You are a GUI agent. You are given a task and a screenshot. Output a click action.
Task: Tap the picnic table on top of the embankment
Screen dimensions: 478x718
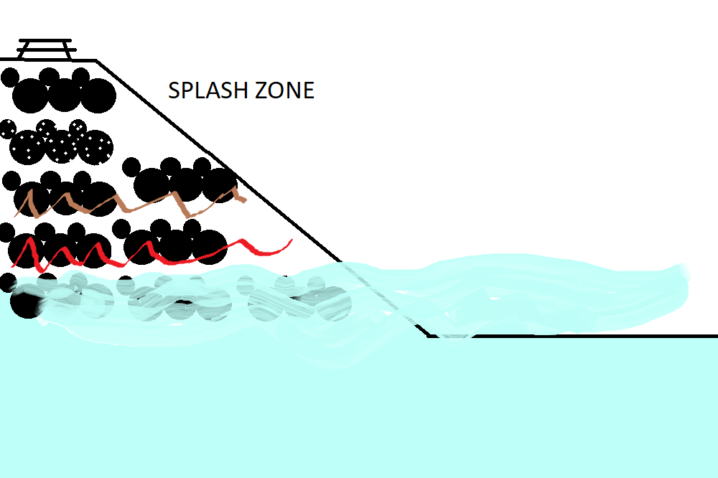click(x=45, y=49)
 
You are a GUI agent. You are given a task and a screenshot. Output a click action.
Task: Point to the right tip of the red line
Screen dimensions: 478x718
click(x=291, y=240)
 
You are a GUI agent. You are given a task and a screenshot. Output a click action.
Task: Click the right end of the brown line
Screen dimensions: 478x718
click(x=245, y=199)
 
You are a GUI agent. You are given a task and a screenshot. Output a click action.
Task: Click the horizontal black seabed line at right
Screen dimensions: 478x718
click(x=574, y=335)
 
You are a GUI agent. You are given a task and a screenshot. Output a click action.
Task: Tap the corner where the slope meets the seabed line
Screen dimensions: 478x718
click(x=429, y=335)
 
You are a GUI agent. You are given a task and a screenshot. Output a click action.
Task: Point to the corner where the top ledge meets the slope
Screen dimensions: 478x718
click(x=96, y=61)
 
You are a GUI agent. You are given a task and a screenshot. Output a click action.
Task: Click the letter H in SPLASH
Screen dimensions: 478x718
click(x=246, y=91)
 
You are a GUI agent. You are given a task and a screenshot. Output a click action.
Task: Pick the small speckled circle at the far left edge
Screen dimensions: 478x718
click(x=7, y=128)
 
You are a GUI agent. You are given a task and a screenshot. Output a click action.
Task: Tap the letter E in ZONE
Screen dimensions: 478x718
click(x=309, y=91)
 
